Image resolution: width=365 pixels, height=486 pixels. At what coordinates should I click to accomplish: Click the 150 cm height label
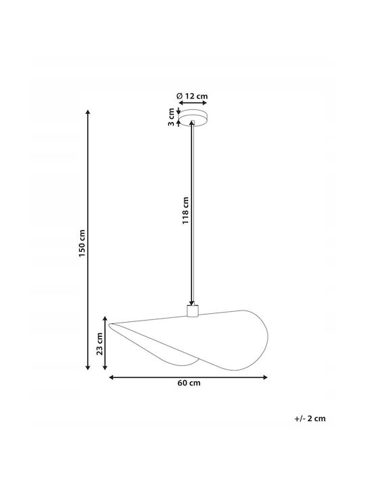pyautogui.click(x=82, y=243)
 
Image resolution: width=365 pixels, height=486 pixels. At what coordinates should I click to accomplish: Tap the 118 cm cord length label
pyautogui.click(x=186, y=211)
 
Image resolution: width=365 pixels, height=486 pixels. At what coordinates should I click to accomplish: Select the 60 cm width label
pyautogui.click(x=189, y=383)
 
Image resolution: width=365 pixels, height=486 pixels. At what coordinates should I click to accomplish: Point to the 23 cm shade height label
pyautogui.click(x=99, y=344)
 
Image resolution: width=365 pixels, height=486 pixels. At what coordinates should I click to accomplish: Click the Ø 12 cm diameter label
pyautogui.click(x=192, y=96)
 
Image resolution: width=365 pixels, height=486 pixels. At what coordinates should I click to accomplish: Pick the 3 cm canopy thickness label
pyautogui.click(x=171, y=117)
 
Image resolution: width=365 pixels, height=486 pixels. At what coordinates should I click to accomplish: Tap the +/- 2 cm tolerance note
pyautogui.click(x=310, y=418)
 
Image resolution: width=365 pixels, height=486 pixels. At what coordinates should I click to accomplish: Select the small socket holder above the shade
pyautogui.click(x=193, y=311)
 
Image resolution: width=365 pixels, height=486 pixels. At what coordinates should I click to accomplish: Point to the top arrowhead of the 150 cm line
pyautogui.click(x=88, y=113)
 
